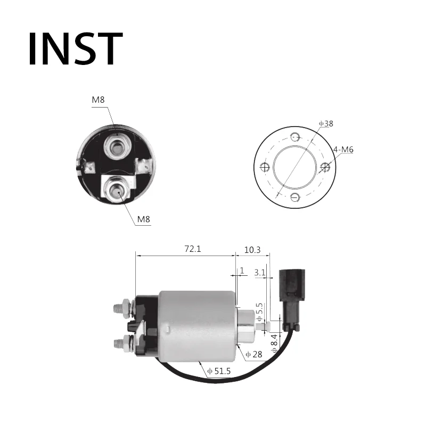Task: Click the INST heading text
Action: pos(76,49)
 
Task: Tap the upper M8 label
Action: pos(98,100)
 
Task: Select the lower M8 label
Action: pos(143,219)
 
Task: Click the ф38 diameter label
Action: pos(326,124)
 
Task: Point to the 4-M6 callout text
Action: pos(343,150)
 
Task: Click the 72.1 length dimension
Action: pos(193,249)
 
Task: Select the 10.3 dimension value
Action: pos(252,250)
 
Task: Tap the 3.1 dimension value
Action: pos(260,273)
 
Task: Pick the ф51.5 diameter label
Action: pos(219,371)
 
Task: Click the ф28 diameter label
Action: pos(254,354)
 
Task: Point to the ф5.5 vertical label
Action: pos(260,312)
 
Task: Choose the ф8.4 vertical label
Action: pos(275,343)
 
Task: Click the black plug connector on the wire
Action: pos(292,300)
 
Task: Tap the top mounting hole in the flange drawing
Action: pos(295,137)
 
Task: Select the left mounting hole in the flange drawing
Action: pos(264,167)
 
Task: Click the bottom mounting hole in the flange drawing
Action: pos(295,197)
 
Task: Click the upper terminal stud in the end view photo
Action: pos(117,148)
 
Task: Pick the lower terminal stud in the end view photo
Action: pos(118,190)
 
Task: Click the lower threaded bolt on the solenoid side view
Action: pos(124,343)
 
